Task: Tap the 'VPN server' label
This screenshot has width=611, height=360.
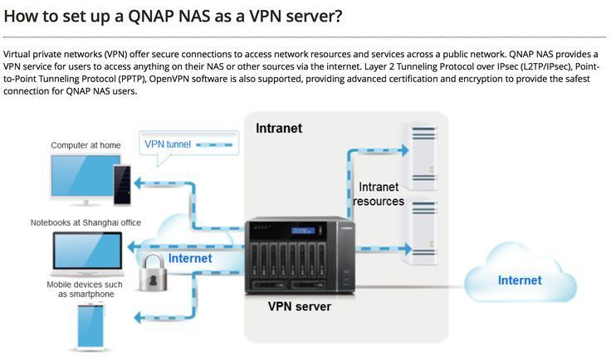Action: coord(299,306)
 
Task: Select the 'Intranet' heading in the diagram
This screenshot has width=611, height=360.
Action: coord(279,129)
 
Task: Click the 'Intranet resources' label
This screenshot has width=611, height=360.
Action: coord(379,194)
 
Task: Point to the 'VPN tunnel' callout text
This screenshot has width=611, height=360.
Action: coord(168,144)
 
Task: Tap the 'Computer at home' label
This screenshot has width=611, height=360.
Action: coord(86,145)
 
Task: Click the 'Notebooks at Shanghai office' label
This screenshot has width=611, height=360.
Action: coord(86,222)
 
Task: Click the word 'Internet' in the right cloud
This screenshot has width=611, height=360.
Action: coord(520,280)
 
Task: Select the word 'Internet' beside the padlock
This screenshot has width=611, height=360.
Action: coord(190,259)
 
